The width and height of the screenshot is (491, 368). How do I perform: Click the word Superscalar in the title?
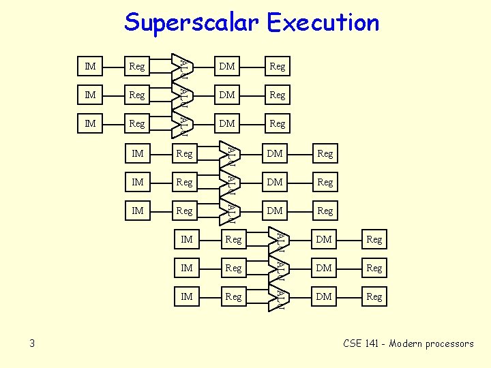[192, 22]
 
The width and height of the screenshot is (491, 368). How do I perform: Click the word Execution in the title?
[323, 22]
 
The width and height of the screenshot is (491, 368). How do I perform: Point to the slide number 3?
[32, 343]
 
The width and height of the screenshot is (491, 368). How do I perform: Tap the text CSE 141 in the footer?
[361, 343]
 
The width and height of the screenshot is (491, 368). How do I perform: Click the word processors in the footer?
[449, 343]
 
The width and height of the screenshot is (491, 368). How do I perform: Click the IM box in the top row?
[90, 66]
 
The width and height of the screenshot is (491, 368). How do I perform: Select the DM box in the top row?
[227, 66]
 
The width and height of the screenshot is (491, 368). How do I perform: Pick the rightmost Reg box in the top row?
[277, 66]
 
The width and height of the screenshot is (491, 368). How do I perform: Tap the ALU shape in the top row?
[182, 66]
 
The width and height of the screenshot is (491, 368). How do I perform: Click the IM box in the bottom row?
[186, 296]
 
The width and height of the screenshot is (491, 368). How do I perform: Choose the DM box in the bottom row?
[324, 296]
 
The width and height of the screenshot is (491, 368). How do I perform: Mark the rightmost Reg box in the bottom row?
[374, 296]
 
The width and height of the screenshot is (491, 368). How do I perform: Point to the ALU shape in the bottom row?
[279, 296]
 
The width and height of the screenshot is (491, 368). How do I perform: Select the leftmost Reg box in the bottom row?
[233, 296]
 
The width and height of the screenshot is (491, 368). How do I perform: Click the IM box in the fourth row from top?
[138, 153]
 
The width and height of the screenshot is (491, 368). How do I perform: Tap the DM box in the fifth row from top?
[275, 182]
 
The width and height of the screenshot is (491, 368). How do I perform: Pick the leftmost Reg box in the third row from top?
[137, 123]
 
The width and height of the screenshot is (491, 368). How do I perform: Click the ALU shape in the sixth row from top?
[230, 211]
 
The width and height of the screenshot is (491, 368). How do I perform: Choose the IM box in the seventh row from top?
[186, 239]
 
